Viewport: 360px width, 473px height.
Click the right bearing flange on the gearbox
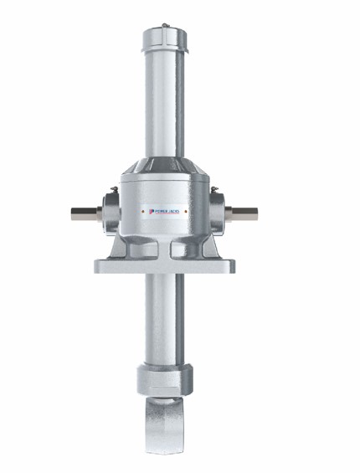click(218, 213)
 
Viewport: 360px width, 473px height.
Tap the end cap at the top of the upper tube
click(165, 38)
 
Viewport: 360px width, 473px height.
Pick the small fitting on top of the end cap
click(165, 26)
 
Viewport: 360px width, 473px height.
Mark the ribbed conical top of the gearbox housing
click(165, 166)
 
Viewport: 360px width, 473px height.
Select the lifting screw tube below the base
click(165, 318)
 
